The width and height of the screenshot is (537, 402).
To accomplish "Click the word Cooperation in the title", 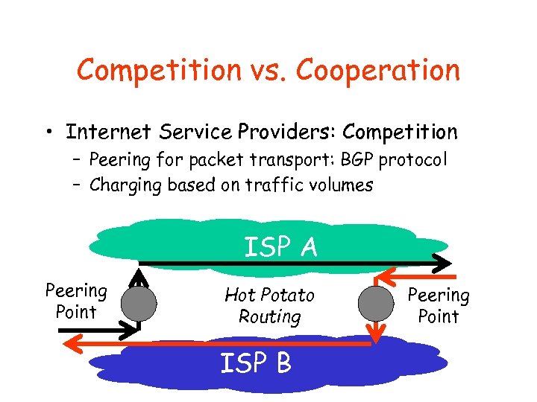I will click(x=378, y=71).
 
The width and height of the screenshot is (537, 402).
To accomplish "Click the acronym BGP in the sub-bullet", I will click(x=360, y=160).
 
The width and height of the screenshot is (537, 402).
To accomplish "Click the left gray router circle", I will click(x=139, y=303).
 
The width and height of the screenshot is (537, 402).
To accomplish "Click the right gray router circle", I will click(x=376, y=303).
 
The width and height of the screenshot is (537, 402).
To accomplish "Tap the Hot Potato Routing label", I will click(x=269, y=306).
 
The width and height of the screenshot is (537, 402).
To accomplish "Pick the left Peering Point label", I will click(x=76, y=301).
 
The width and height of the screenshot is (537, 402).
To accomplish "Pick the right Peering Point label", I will click(x=438, y=306).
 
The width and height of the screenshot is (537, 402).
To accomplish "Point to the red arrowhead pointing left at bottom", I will click(x=72, y=343).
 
